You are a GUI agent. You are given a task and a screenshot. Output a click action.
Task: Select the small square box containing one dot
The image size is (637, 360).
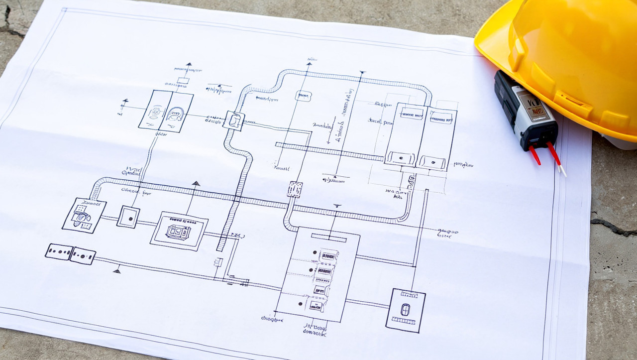[x=128, y=217]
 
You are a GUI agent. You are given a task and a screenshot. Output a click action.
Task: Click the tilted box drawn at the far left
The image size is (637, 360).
[x=84, y=215]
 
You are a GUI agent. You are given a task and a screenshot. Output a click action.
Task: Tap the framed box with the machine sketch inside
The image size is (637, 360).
[x=179, y=231]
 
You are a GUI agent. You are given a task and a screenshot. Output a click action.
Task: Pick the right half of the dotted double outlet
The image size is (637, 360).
[x=83, y=256]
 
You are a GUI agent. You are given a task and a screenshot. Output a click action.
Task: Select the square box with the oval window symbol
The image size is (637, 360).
[x=406, y=310]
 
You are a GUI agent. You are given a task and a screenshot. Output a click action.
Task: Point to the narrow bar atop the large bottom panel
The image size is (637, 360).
[x=328, y=238]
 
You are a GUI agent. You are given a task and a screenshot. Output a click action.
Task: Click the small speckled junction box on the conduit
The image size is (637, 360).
[x=295, y=189]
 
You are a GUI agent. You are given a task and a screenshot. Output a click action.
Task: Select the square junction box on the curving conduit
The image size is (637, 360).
[x=234, y=120]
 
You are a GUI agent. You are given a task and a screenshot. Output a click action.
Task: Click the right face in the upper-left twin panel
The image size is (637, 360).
[x=176, y=113]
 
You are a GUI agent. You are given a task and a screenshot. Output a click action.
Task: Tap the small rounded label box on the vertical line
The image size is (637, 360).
[x=303, y=96]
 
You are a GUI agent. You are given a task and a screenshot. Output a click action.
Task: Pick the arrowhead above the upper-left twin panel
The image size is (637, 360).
[x=188, y=64]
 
